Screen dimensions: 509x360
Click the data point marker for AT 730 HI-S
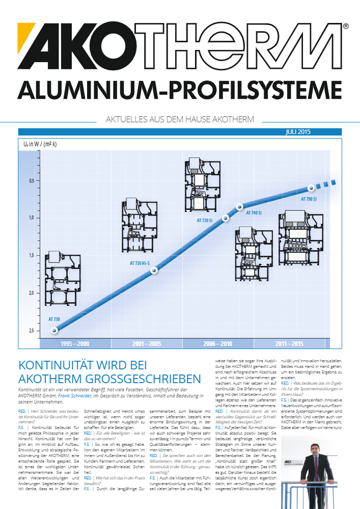tap(154, 271)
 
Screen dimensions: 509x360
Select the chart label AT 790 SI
tap(309, 199)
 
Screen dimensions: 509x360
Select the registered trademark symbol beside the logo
tap(346, 26)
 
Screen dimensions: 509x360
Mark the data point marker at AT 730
tap(54, 330)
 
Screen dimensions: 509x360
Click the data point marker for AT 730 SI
tap(226, 218)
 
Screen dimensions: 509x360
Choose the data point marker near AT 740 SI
tap(239, 206)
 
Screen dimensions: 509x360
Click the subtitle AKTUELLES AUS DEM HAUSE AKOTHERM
tap(179, 120)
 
